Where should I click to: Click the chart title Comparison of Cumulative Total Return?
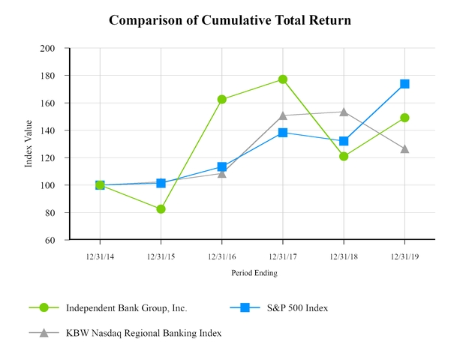[230, 19]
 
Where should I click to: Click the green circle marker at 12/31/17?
[283, 79]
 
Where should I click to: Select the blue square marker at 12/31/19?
[404, 84]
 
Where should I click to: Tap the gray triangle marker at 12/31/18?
[344, 112]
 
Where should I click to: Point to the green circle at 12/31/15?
[161, 209]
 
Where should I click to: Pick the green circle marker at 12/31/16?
[222, 99]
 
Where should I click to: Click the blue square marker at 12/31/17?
[283, 133]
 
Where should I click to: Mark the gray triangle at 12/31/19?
[404, 148]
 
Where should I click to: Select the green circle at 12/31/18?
[344, 157]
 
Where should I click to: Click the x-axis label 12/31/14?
[100, 256]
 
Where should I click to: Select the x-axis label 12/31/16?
[222, 256]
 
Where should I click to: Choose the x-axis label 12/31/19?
[404, 256]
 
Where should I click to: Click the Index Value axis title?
[29, 144]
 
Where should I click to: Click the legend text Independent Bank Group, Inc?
[126, 307]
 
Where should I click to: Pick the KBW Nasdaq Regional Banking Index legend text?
[143, 332]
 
